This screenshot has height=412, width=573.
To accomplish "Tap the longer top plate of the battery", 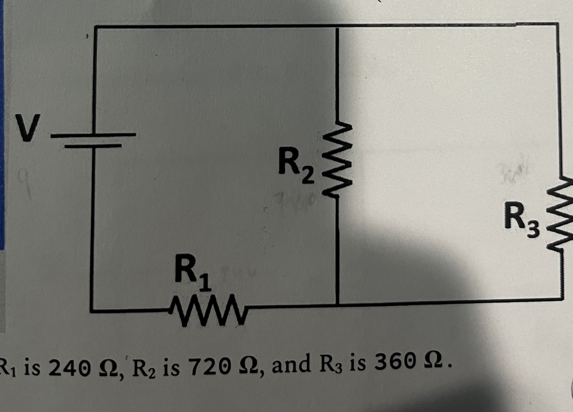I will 94,135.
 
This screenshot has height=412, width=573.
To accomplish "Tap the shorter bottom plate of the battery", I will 93,146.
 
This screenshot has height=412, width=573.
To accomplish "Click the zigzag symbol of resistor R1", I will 208,310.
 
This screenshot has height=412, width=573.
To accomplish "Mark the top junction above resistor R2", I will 337,26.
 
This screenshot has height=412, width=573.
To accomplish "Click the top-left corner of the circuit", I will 95,27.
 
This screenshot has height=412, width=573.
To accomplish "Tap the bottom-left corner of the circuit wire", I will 92,311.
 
